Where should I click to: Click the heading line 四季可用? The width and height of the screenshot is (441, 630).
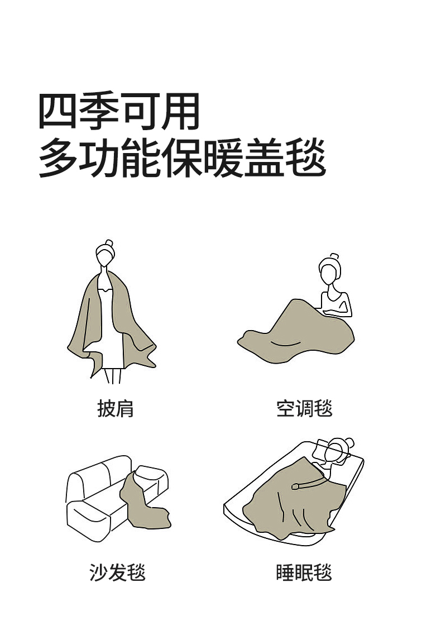[x=119, y=111]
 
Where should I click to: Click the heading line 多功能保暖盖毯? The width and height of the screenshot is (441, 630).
[x=182, y=157]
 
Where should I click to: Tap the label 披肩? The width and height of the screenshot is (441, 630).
[x=115, y=409]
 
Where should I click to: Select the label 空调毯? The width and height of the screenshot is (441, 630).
[x=304, y=409]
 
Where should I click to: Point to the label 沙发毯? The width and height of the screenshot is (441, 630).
[x=117, y=572]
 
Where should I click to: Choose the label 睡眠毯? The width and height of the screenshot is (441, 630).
[x=304, y=572]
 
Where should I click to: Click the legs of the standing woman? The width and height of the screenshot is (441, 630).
[x=113, y=376]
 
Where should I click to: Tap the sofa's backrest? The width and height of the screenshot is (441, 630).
[x=98, y=476]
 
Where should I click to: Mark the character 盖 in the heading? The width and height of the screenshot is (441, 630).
[x=265, y=157]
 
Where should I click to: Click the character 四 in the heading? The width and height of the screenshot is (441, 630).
[x=57, y=112]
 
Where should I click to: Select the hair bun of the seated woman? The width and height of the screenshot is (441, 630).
[x=334, y=256]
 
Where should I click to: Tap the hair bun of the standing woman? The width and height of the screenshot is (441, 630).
[x=109, y=243]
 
